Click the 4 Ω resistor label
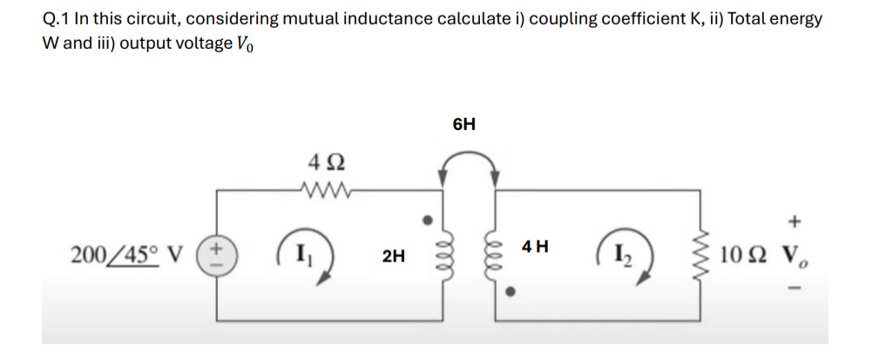tap(327, 161)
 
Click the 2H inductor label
tap(394, 255)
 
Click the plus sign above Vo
tap(794, 221)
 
